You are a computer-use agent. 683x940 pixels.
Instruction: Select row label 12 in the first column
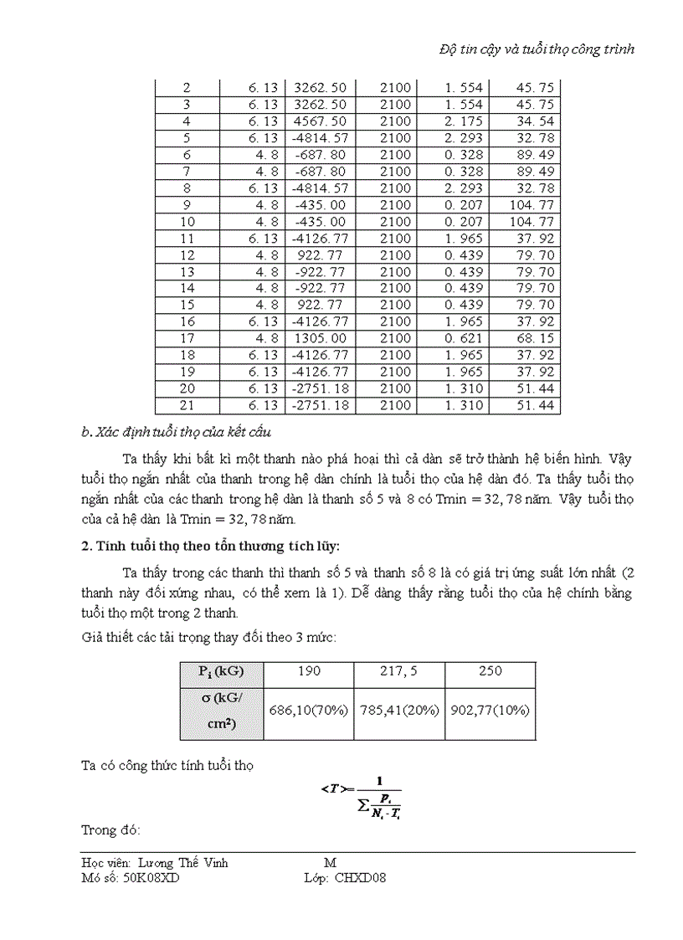tap(186, 255)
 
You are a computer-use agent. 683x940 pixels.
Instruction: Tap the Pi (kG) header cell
tap(221, 671)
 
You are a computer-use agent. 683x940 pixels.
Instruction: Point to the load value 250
tap(490, 671)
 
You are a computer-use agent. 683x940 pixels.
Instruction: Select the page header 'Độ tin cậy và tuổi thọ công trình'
tap(537, 49)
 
